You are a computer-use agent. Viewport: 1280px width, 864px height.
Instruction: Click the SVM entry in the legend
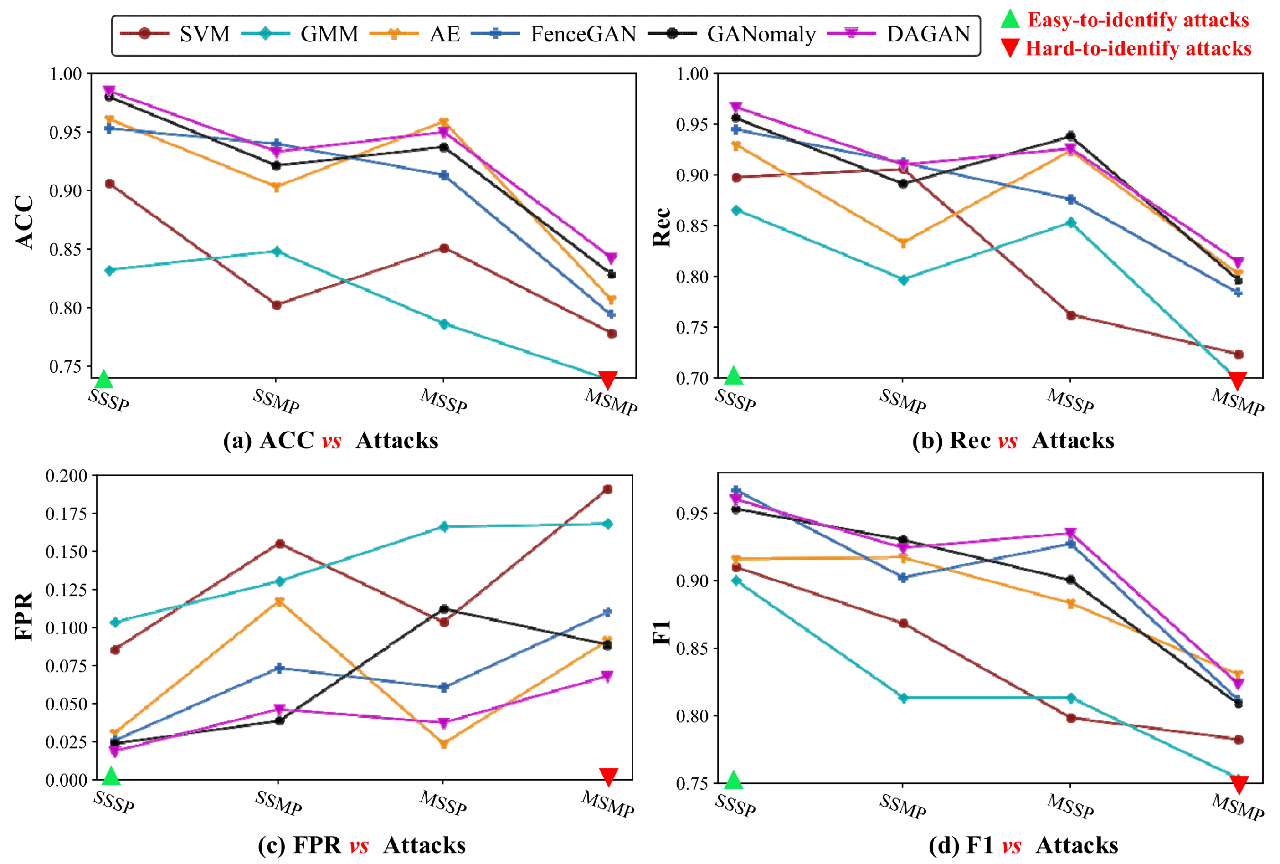[204, 34]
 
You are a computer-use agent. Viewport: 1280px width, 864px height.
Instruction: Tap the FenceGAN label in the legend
[583, 34]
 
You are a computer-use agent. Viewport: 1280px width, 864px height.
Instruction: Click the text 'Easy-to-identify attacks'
[1138, 20]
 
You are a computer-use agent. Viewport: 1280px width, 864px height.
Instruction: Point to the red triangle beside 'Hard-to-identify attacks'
[1010, 48]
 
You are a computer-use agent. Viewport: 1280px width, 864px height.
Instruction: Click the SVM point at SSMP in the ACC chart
[277, 305]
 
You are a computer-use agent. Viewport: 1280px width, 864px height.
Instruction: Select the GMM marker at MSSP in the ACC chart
[444, 324]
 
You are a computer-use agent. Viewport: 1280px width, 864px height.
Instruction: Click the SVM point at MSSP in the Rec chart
[1071, 315]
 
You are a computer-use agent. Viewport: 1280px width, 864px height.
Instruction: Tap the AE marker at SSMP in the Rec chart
[903, 242]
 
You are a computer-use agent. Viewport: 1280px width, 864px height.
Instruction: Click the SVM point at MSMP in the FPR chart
[607, 489]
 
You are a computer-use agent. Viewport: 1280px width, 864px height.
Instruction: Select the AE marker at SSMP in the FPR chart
[279, 602]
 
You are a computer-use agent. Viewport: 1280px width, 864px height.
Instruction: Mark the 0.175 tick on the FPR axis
[66, 514]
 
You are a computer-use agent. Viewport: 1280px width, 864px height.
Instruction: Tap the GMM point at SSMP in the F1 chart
[903, 698]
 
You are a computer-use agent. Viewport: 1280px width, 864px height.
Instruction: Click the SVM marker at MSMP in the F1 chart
[1238, 740]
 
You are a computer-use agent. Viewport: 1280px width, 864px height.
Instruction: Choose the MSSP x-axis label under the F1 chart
[1069, 807]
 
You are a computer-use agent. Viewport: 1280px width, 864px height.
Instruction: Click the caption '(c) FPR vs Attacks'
[361, 845]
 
